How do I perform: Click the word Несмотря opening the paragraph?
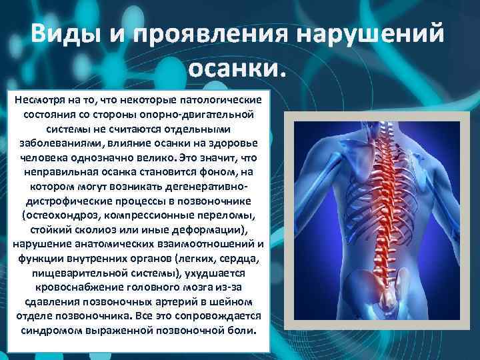tap(41, 99)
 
